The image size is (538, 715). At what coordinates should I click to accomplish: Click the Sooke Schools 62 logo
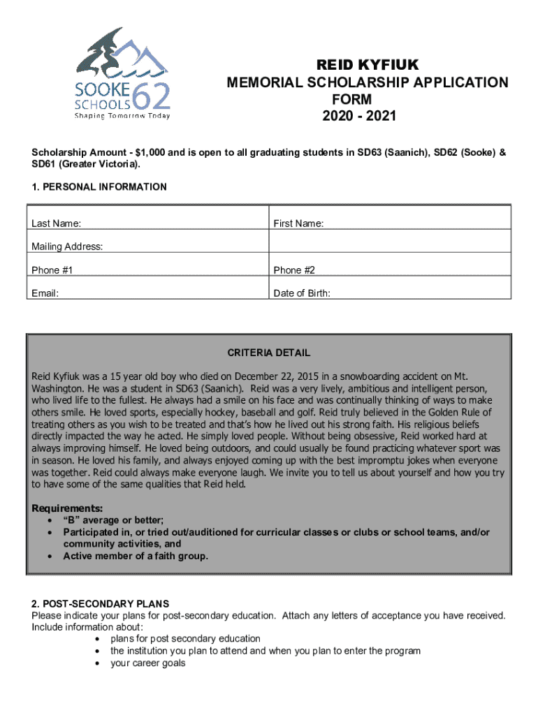point(122,73)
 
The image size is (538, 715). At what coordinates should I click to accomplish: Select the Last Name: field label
point(56,223)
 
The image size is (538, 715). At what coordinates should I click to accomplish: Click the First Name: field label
point(298,223)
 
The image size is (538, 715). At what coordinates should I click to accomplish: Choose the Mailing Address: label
point(67,246)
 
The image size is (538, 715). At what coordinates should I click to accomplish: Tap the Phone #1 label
point(52,270)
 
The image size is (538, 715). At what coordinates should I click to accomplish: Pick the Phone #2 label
point(295,270)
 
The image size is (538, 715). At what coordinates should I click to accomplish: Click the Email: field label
point(45,293)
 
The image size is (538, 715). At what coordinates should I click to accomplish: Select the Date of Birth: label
point(302,293)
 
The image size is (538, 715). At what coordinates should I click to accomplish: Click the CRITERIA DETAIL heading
point(269,353)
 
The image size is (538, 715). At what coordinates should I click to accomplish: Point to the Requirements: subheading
point(68,508)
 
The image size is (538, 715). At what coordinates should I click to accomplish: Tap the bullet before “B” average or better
point(50,520)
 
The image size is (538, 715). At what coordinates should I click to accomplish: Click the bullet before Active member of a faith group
point(50,556)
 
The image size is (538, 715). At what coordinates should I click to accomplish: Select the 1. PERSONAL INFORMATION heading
point(99,186)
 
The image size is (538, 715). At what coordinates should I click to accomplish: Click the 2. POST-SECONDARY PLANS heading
point(100,604)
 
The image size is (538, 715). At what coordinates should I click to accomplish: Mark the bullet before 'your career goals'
point(97,663)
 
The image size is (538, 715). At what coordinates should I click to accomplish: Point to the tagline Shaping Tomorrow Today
point(122,116)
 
